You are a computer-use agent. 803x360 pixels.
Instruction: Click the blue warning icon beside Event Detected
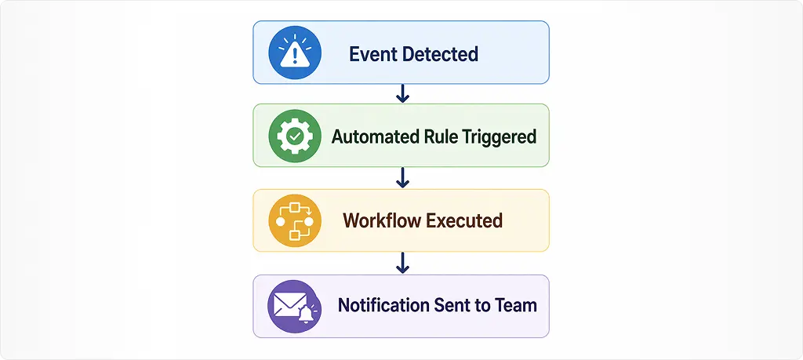[295, 53]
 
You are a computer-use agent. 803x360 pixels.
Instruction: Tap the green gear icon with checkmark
[295, 136]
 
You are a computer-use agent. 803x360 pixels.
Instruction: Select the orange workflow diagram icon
[295, 220]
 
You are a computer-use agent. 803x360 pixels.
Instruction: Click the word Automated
[376, 136]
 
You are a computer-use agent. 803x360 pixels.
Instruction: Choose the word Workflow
[382, 220]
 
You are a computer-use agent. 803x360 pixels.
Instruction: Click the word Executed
[464, 220]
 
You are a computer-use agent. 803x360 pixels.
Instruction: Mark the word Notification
[383, 305]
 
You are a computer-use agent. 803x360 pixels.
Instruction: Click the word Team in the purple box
[515, 305]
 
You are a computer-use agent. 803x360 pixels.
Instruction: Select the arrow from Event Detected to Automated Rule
[402, 93]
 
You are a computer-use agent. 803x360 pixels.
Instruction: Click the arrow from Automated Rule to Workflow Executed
[402, 178]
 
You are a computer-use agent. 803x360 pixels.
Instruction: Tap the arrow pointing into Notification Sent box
[402, 263]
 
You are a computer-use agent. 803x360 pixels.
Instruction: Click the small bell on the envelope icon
[306, 315]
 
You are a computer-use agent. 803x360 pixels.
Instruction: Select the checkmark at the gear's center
[295, 136]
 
